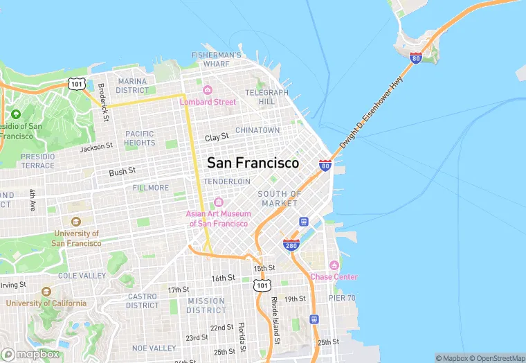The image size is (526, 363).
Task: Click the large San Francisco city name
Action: coord(253,163)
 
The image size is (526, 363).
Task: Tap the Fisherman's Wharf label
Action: coord(216,60)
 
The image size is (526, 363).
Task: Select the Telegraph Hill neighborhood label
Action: coord(266,97)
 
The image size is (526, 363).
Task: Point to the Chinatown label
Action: coord(257,130)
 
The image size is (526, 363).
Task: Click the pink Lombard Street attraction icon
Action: coord(207,90)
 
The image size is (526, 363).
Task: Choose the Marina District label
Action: coord(132,86)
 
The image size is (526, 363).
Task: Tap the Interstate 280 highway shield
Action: coord(291,245)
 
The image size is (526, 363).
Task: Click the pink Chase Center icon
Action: coord(334,265)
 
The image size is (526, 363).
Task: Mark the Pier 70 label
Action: coord(343,298)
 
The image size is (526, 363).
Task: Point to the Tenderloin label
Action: coord(226,181)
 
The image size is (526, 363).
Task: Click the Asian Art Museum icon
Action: coord(217,202)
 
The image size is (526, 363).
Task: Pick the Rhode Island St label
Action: coord(275,319)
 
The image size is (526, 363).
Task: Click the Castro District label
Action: coord(143,301)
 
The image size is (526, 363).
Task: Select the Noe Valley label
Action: coord(154,348)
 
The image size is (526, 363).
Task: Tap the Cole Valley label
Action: coord(82,275)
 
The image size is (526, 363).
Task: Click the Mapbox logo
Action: coord(30,354)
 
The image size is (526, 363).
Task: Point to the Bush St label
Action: coord(122,170)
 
